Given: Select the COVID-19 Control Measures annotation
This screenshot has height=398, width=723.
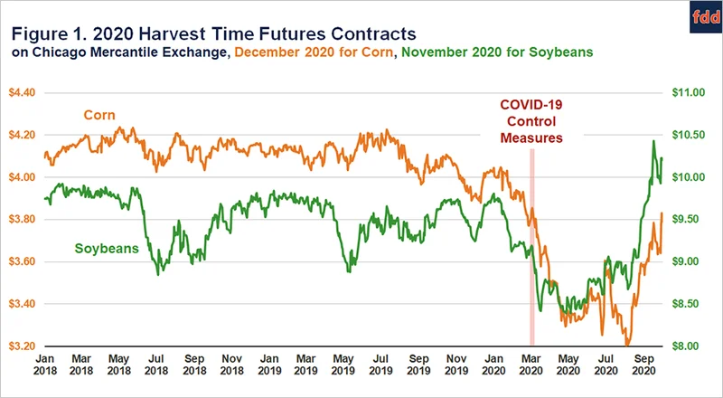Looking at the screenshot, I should (x=532, y=120).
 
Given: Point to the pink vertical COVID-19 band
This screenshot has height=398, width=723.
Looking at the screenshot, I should (x=532, y=244).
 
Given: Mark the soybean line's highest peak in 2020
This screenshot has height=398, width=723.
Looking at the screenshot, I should (x=653, y=141).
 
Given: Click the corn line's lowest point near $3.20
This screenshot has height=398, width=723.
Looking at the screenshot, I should (x=627, y=345).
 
